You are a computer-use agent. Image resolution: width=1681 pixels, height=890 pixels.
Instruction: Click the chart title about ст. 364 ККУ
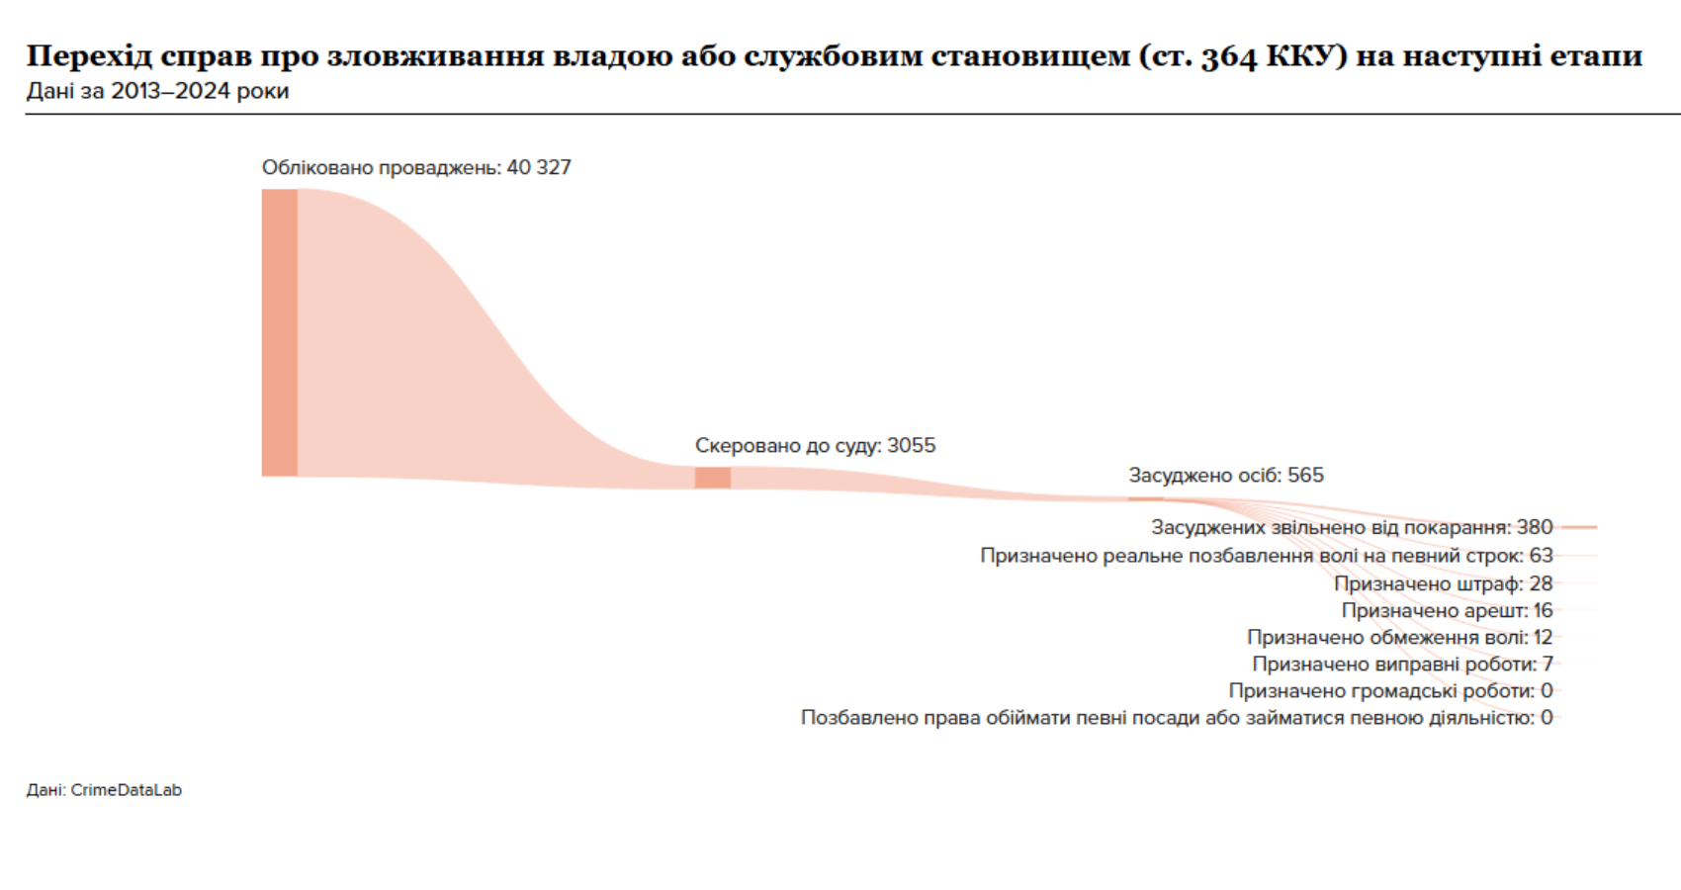[x=834, y=55]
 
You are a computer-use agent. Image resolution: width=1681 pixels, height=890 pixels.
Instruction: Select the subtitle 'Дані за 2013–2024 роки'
[x=157, y=91]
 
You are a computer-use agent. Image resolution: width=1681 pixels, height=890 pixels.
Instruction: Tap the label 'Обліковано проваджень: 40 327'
[x=416, y=167]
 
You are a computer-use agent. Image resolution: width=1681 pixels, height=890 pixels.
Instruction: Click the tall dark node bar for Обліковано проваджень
[x=279, y=332]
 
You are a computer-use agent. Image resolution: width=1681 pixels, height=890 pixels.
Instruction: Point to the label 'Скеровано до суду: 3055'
[x=815, y=445]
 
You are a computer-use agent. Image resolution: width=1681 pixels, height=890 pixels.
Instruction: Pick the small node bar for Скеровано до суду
[x=712, y=478]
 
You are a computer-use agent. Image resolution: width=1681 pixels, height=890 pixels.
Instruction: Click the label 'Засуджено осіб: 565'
[x=1226, y=475]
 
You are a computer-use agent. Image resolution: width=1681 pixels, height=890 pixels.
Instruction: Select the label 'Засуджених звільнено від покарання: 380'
[x=1351, y=527]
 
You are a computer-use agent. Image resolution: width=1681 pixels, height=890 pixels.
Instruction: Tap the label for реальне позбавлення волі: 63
[x=1266, y=555]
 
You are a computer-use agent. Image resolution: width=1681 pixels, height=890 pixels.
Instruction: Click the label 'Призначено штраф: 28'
[x=1443, y=583]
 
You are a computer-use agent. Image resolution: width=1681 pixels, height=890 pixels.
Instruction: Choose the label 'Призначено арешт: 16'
[x=1447, y=610]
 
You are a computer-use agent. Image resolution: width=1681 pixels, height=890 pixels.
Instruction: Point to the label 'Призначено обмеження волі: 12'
[x=1399, y=637]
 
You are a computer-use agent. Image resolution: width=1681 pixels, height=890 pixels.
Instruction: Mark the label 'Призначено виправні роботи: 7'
[x=1402, y=664]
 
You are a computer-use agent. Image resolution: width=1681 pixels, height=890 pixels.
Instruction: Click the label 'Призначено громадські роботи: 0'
[x=1390, y=690]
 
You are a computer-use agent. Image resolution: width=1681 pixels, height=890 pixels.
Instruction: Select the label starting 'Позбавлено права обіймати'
[x=1176, y=717]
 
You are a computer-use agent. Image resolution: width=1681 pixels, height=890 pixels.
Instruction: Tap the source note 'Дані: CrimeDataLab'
[x=104, y=790]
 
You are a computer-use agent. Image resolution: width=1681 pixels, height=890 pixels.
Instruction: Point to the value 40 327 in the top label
[x=539, y=167]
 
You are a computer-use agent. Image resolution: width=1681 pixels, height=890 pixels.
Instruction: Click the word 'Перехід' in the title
[x=88, y=55]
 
